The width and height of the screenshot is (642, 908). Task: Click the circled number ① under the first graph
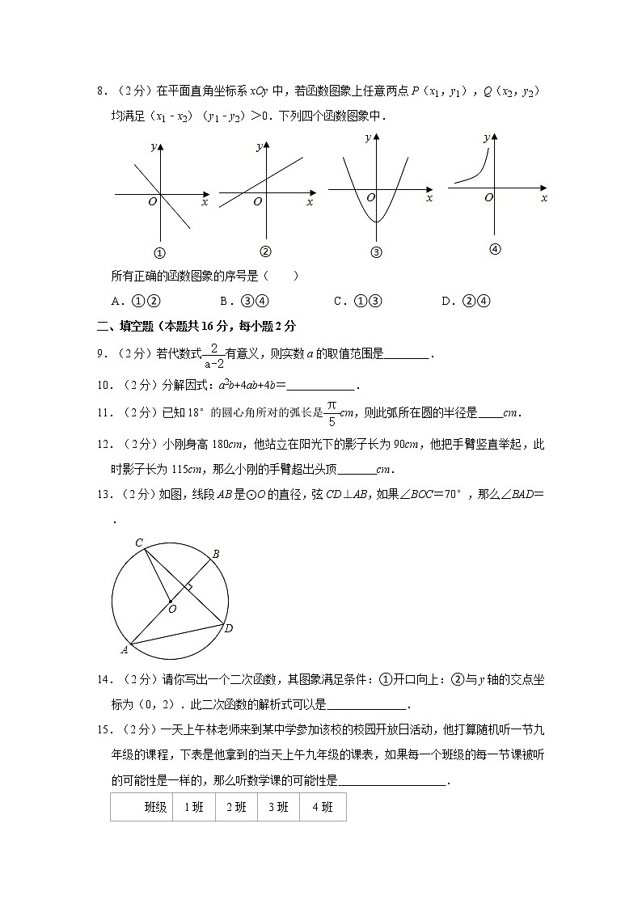[x=159, y=252]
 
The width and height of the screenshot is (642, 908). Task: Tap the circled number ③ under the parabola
[x=376, y=251]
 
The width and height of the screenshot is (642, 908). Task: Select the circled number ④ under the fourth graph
[x=496, y=249]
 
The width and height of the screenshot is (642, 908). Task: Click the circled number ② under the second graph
[x=265, y=251]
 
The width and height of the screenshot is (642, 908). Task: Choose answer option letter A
[x=116, y=302]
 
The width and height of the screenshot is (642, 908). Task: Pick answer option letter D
[x=446, y=302]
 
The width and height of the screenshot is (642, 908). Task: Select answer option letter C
[x=338, y=302]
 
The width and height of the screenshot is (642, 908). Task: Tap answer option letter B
[x=224, y=302]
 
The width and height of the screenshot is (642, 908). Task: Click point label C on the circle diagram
[x=139, y=543]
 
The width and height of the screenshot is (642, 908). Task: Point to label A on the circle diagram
[x=125, y=648]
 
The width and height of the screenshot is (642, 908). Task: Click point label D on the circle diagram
[x=229, y=628]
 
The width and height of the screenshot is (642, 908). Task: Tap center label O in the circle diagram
[x=172, y=609]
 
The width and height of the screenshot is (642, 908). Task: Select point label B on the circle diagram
[x=215, y=554]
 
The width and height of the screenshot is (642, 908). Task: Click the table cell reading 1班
[x=194, y=807]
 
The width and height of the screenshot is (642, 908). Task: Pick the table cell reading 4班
[x=322, y=807]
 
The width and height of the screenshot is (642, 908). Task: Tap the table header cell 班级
[x=155, y=807]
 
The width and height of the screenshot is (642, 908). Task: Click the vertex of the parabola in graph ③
[x=376, y=221]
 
